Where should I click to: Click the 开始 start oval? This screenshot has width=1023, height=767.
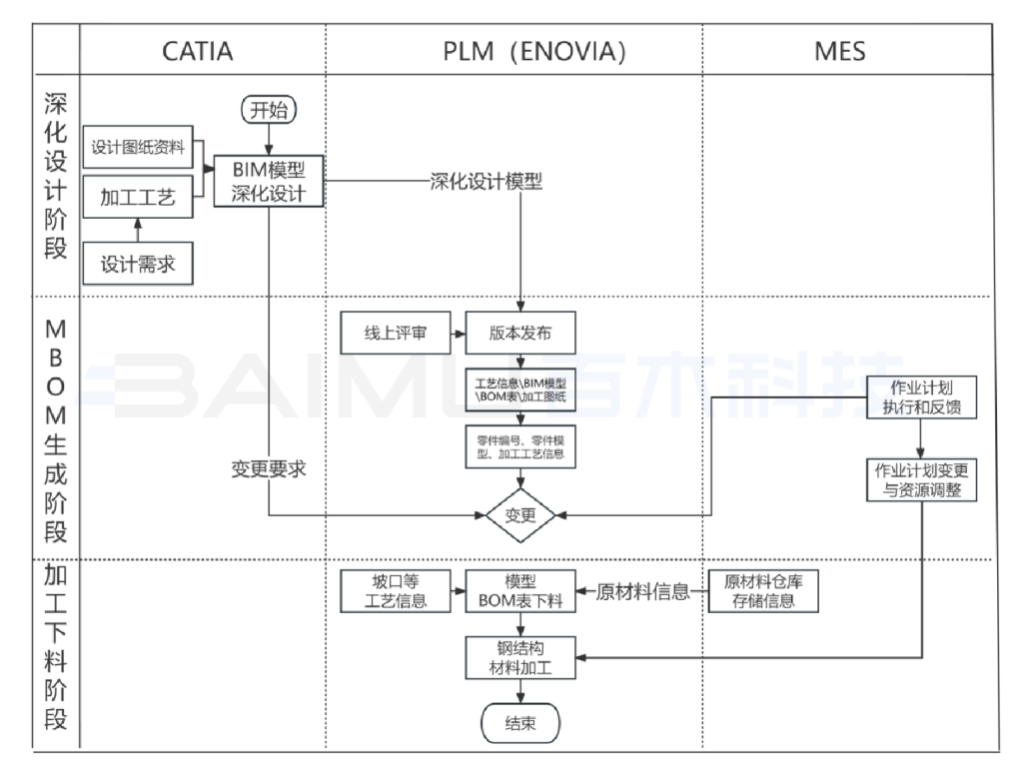coord(270,110)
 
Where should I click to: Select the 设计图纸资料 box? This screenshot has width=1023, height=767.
coord(138,147)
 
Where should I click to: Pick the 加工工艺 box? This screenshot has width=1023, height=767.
coord(138,197)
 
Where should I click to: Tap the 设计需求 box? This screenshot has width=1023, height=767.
coord(138,265)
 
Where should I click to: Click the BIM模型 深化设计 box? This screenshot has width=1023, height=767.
coord(270,181)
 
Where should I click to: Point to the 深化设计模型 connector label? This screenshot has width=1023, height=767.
coord(486,183)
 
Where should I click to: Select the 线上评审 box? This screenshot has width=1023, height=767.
coord(395,334)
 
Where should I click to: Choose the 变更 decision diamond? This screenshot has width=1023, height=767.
coord(520,515)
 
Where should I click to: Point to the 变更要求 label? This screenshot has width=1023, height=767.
coord(268,469)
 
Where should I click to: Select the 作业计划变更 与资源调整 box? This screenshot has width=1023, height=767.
coord(920,480)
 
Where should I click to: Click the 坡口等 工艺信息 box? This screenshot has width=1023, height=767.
coord(396,590)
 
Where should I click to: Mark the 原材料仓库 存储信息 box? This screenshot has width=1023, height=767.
coord(764,590)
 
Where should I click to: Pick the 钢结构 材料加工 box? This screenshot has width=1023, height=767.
coord(520,657)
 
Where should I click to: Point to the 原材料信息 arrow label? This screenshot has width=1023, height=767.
coord(642,591)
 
